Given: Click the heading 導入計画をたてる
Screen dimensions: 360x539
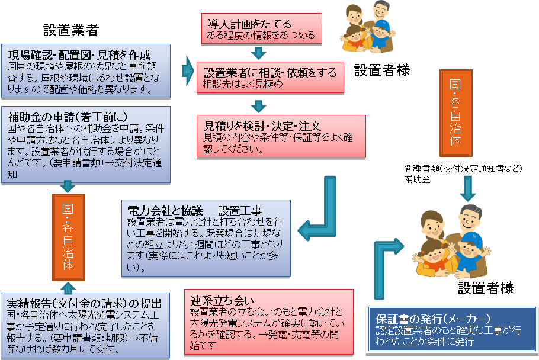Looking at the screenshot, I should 249,24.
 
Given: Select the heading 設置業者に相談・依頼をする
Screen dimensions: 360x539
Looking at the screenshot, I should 270,73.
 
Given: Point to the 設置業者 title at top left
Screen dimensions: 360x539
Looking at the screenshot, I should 70,30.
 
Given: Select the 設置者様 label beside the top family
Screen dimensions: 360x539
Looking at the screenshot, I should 382,71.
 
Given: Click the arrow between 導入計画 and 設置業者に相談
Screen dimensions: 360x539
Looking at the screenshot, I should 259,53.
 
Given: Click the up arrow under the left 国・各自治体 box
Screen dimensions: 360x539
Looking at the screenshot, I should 68,287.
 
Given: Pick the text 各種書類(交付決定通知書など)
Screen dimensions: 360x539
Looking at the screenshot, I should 463,169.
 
